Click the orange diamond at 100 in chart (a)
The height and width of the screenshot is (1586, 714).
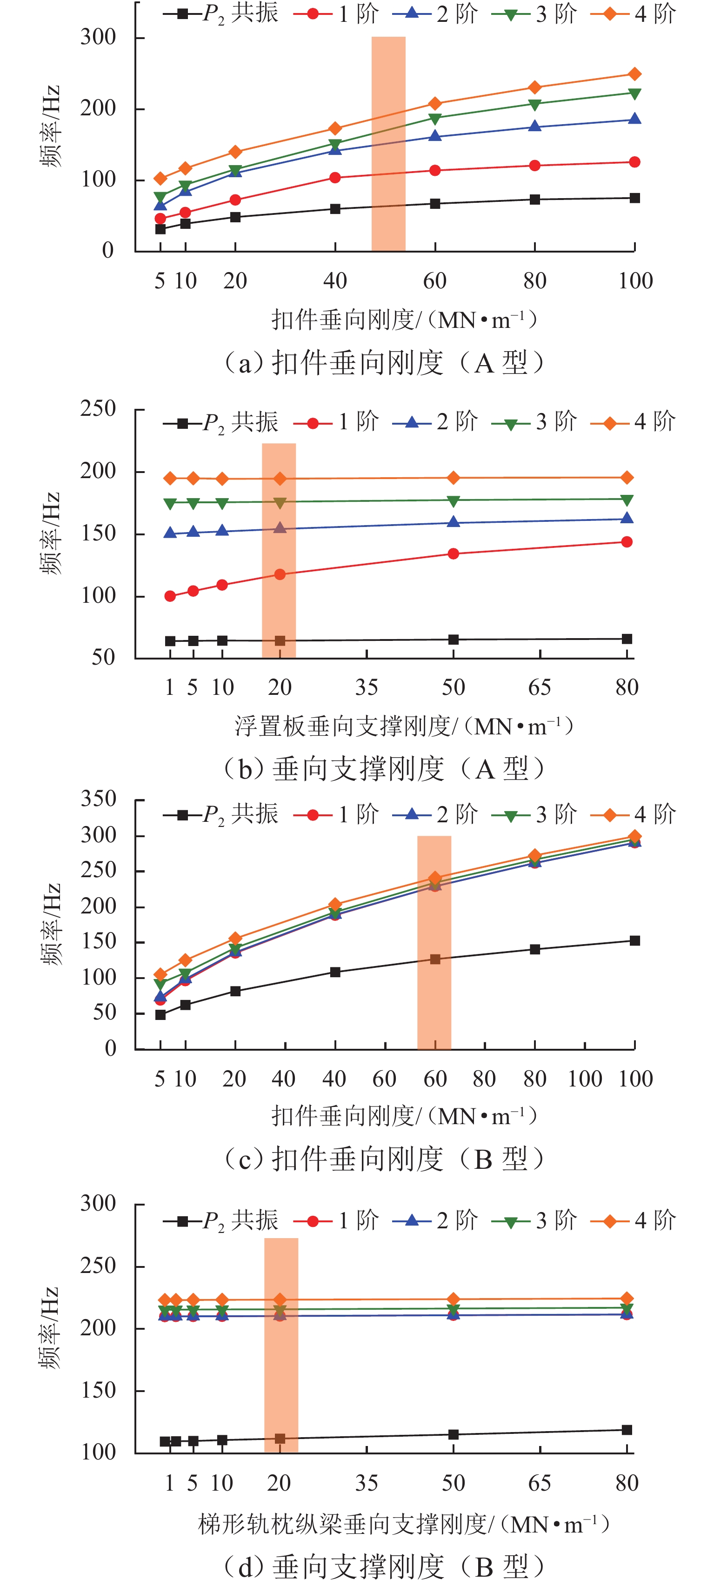634,74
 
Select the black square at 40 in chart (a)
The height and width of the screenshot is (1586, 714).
335,209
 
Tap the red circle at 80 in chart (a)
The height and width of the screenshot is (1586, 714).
535,166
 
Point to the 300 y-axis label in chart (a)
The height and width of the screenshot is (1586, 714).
98,38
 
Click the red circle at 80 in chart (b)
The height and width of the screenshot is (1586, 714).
627,542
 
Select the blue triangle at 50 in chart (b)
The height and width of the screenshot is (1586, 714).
453,522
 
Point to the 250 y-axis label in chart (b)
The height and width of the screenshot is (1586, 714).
98,409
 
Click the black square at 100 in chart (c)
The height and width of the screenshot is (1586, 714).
634,941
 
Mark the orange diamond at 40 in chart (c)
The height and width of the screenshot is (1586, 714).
335,905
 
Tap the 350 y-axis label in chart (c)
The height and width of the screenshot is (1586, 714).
98,799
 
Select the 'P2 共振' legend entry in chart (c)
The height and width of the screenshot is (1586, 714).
221,814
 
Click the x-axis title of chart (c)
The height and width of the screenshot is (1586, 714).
404,1116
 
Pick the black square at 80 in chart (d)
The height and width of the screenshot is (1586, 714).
627,1430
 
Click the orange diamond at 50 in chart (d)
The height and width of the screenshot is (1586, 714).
453,1299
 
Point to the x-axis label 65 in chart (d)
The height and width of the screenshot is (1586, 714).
540,1483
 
